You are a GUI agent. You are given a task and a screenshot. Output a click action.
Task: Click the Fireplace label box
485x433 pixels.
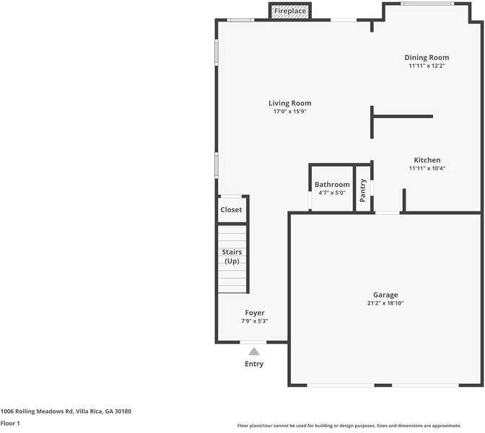click(289, 12)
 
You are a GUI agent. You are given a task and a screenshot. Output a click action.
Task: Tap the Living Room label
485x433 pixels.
click(290, 103)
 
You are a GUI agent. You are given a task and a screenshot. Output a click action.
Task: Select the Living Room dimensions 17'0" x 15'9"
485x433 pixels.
click(290, 112)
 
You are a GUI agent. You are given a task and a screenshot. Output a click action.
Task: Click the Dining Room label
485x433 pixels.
click(427, 58)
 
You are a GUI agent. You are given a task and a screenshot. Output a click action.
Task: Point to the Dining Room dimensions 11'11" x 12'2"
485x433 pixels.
click(427, 66)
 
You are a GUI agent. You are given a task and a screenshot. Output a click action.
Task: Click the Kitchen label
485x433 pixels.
click(427, 160)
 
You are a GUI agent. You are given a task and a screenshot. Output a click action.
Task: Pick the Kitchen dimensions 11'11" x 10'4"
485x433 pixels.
click(427, 169)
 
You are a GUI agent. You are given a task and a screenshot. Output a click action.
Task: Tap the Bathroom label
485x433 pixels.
click(332, 185)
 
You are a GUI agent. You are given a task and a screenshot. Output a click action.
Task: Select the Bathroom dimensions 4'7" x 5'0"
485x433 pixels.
click(331, 193)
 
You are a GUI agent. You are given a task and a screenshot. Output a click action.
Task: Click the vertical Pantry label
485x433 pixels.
click(363, 189)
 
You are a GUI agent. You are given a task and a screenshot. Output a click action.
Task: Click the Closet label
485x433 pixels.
click(232, 210)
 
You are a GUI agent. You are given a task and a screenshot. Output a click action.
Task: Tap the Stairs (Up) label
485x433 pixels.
click(232, 256)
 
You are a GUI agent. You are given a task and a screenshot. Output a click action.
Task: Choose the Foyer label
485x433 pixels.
click(254, 312)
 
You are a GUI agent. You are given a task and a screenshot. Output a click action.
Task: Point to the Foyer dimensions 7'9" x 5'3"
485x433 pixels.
click(254, 321)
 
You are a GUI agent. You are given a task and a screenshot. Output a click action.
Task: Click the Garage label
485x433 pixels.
click(385, 294)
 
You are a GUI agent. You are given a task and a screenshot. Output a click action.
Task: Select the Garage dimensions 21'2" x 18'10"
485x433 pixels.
click(385, 304)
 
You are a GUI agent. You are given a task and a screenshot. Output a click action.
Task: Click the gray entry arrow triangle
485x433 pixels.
click(254, 351)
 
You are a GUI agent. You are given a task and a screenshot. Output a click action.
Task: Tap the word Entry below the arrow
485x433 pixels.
click(254, 364)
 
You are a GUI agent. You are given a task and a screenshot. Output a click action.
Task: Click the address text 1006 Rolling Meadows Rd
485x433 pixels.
click(36, 411)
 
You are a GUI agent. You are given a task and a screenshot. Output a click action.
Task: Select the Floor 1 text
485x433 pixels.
click(10, 424)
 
